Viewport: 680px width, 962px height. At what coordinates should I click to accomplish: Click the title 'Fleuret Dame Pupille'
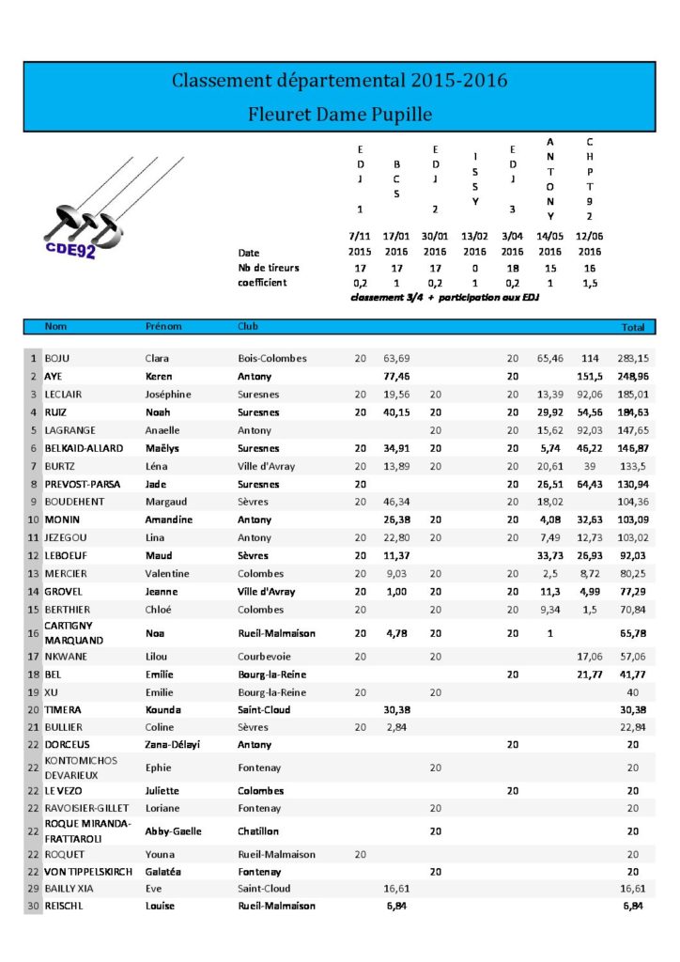point(339,115)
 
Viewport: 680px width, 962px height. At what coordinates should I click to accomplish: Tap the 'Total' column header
point(633,327)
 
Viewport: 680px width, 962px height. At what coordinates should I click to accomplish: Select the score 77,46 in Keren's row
point(397,376)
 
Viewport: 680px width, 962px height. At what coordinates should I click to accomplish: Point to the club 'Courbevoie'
point(264,657)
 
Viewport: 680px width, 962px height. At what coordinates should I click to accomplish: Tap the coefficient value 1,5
point(589,283)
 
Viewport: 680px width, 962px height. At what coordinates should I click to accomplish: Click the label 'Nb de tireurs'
point(269,268)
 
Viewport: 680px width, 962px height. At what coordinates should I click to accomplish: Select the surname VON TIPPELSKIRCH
point(88,872)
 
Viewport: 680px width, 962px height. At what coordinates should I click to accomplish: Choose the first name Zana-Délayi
point(173,744)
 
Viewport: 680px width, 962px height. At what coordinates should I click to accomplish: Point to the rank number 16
point(32,633)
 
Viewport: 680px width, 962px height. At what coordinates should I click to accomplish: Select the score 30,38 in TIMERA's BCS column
point(397,710)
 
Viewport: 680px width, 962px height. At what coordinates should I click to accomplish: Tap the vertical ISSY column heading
point(475,178)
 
